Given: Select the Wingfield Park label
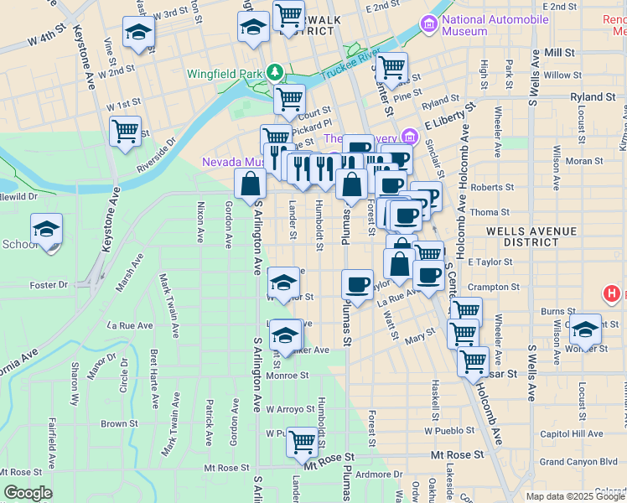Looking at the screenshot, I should click(x=225, y=72).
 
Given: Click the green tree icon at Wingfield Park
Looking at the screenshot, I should click(x=273, y=72).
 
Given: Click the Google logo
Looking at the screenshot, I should click(x=28, y=493).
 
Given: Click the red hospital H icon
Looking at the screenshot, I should click(x=612, y=294).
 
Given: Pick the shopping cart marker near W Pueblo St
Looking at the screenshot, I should click(x=302, y=440).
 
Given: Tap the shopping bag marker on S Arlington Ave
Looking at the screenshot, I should click(x=250, y=184).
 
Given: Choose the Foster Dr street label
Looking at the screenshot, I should click(x=48, y=285).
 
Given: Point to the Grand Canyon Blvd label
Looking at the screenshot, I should click(x=578, y=461).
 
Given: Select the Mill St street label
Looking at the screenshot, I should click(x=558, y=52).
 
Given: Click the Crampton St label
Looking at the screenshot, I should click(x=494, y=287).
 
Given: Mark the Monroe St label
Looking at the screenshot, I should click(x=288, y=376).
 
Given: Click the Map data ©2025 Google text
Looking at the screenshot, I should click(x=574, y=496).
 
